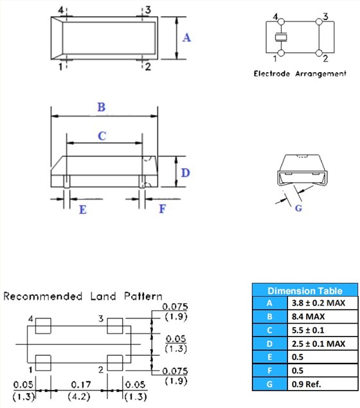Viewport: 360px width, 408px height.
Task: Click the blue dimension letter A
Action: point(186,38)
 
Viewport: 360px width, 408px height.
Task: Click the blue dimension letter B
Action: point(102,107)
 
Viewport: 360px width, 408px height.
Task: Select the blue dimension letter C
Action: point(102,136)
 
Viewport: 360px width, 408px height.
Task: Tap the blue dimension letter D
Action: point(185,172)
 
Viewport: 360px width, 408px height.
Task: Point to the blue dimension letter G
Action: point(299,208)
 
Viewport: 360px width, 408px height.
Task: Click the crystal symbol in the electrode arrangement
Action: point(281,37)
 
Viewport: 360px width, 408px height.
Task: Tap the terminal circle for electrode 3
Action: point(319,22)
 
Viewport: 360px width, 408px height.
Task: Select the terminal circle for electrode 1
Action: point(281,53)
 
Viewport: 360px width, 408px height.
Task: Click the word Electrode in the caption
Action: point(272,73)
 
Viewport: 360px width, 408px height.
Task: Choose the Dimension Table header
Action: point(305,291)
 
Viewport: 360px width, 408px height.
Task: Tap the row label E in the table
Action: point(270,357)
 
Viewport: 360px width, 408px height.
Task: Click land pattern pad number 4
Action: point(43,326)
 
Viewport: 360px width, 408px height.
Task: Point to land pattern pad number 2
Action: point(115,363)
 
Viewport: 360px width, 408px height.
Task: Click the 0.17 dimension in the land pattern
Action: point(81,385)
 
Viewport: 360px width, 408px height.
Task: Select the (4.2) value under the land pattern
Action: point(79,397)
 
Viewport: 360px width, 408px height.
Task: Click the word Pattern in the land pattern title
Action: point(143,296)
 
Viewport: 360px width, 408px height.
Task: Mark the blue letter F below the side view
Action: point(163,209)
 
